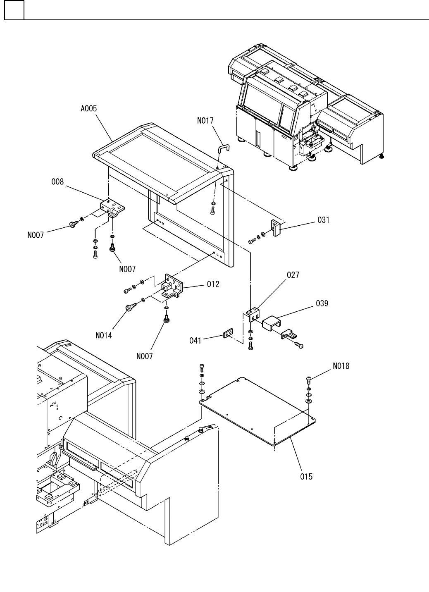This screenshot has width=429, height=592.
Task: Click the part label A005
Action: coord(88,109)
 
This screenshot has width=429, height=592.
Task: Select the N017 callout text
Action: coord(205,121)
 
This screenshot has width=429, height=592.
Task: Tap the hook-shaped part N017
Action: coord(223,148)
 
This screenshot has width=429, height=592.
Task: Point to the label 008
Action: coord(57,181)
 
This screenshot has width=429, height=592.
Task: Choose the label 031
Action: coord(323,220)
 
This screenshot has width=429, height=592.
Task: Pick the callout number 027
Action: coord(293,275)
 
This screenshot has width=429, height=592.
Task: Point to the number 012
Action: coord(213,284)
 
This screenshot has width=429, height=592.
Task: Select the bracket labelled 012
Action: coord(172,286)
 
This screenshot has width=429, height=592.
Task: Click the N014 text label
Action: coord(104,335)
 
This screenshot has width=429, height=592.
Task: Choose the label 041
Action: coord(195,340)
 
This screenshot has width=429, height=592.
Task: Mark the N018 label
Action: coord(341,366)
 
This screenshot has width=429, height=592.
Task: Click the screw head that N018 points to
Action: coord(310,378)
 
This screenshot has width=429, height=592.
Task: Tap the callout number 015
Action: coord(306,477)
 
